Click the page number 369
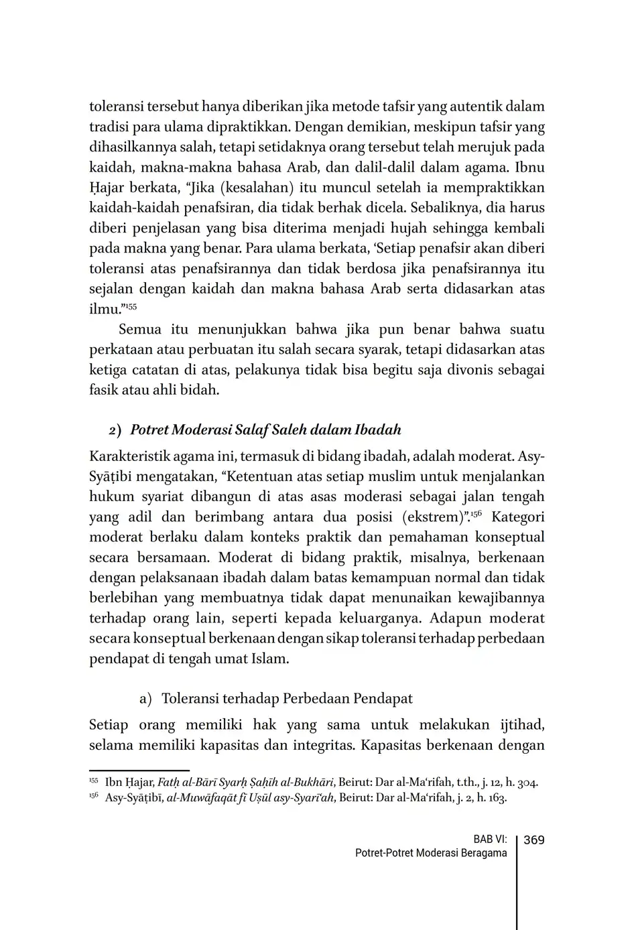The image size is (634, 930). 533,840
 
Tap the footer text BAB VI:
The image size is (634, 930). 490,840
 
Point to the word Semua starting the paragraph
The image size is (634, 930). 139,329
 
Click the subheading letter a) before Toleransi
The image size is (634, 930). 145,698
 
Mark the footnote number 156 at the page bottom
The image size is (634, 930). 93,796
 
